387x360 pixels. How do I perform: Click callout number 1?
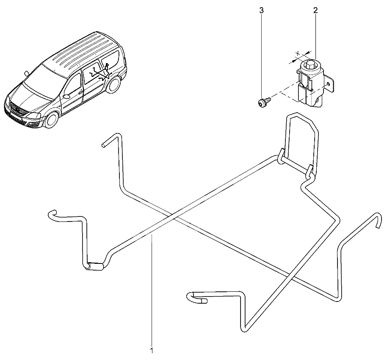[152, 350]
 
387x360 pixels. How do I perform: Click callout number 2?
[315, 10]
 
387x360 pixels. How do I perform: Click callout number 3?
[261, 10]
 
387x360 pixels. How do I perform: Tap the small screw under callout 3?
[264, 102]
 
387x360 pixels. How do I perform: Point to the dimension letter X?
[298, 53]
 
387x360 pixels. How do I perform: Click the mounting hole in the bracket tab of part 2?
[328, 84]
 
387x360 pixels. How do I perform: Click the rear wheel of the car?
[113, 85]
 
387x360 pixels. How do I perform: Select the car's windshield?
[46, 80]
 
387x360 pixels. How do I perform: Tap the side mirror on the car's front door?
[66, 96]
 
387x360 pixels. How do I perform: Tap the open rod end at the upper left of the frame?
[104, 145]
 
